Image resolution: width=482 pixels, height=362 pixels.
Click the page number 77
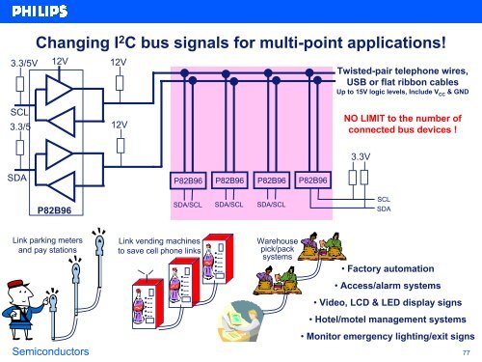(x=467, y=354)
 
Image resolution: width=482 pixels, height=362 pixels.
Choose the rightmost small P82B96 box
(x=313, y=181)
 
